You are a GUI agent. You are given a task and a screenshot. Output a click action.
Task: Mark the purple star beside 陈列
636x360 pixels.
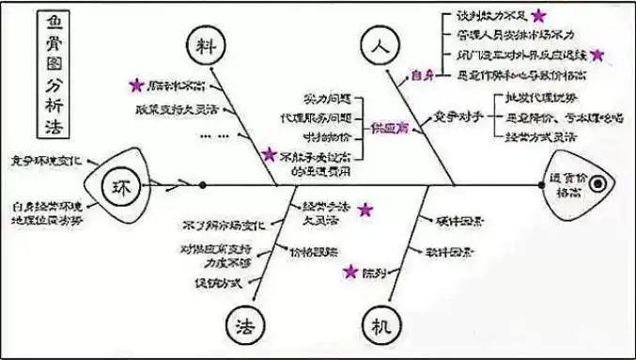pyautogui.click(x=349, y=272)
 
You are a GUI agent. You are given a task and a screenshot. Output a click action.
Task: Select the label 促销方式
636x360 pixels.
pyautogui.click(x=218, y=283)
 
